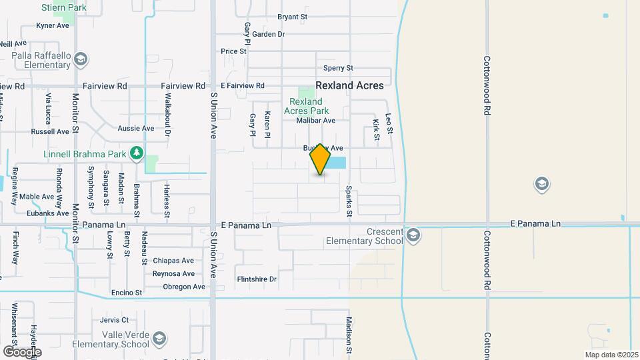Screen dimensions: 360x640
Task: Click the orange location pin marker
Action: tap(320, 159)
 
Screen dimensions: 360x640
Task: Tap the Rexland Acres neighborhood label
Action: tap(349, 85)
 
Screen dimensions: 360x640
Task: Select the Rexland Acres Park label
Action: tap(306, 106)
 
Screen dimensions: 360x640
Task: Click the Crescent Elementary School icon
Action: tap(413, 235)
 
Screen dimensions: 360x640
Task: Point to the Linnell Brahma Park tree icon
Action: tap(137, 154)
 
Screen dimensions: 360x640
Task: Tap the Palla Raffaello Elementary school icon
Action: tap(81, 60)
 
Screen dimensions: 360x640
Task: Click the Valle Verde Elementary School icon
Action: tap(159, 339)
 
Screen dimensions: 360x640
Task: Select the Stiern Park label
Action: tap(64, 7)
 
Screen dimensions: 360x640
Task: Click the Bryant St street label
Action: tap(292, 17)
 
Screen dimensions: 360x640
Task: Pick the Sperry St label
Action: tap(338, 68)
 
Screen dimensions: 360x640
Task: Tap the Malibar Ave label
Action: tap(316, 121)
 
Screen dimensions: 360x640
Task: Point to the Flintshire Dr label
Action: tap(256, 279)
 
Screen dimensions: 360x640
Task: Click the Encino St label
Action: tap(127, 293)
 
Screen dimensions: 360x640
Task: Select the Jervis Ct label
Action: tap(114, 320)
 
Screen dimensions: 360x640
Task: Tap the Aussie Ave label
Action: tap(135, 128)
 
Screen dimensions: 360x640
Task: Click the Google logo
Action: tap(22, 351)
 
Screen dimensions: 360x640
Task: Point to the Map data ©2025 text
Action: tap(611, 355)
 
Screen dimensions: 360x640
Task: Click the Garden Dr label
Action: tap(269, 34)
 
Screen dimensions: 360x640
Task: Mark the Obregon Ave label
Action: tap(184, 287)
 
